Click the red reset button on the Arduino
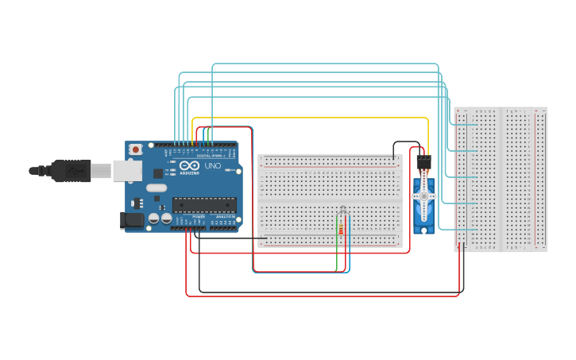point(136,149)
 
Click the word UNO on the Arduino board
point(213,166)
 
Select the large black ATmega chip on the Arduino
point(204,205)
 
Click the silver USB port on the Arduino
point(126,169)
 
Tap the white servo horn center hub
point(423,195)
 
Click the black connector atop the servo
point(423,161)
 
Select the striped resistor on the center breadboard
point(342,229)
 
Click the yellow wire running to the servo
point(318,118)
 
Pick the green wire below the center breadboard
point(337,258)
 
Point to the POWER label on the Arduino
point(199,216)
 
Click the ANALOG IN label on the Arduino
point(225,216)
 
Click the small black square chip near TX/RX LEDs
point(157,172)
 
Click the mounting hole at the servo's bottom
point(423,230)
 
